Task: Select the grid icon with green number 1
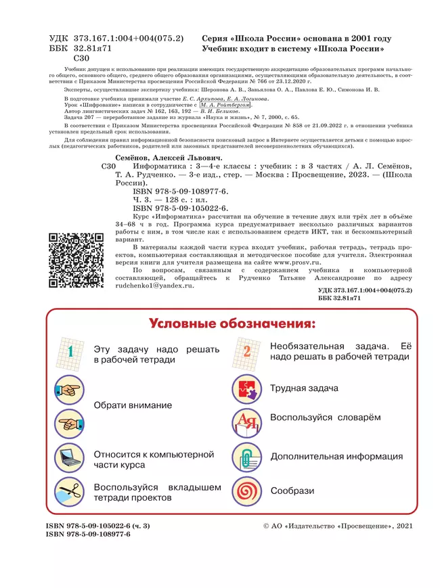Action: pyautogui.click(x=70, y=352)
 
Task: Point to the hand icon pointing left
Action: pyautogui.click(x=70, y=424)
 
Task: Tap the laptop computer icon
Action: pyautogui.click(x=70, y=458)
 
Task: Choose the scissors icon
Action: pyautogui.click(x=70, y=492)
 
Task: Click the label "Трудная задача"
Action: pyautogui.click(x=304, y=388)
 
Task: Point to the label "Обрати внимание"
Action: pyautogui.click(x=133, y=405)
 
